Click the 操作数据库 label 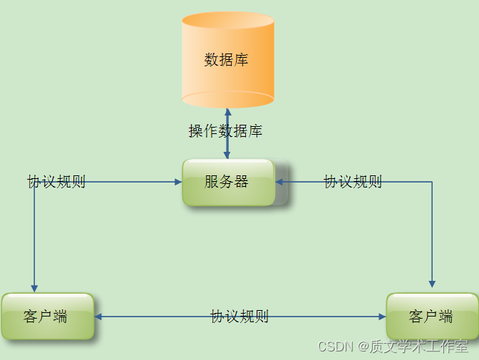(225, 131)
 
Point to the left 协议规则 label (56, 182)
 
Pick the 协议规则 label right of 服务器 (353, 182)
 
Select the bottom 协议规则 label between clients (239, 317)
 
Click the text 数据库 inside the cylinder (227, 59)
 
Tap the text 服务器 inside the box (227, 182)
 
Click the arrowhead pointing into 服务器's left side (178, 182)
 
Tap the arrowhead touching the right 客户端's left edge (382, 317)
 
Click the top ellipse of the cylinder (227, 20)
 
